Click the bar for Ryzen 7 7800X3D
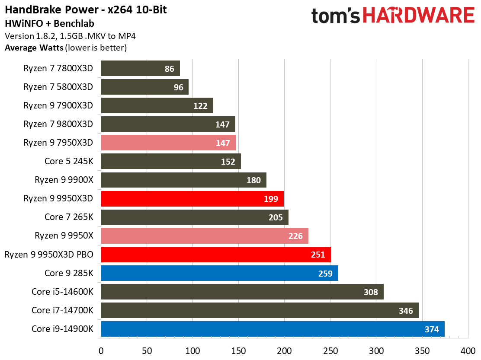coord(140,68)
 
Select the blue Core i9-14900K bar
coord(273,329)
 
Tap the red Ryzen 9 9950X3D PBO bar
coord(215,255)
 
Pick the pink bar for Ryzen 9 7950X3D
coord(168,143)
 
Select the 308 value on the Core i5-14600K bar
coord(370,292)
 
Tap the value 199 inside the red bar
coord(270,199)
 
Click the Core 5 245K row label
coord(69,161)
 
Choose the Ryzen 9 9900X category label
coord(64,180)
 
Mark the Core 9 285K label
coord(69,273)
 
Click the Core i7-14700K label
coord(62,310)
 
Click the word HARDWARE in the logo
coord(419,16)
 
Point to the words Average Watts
coord(34,48)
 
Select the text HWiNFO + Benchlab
coord(49,23)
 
